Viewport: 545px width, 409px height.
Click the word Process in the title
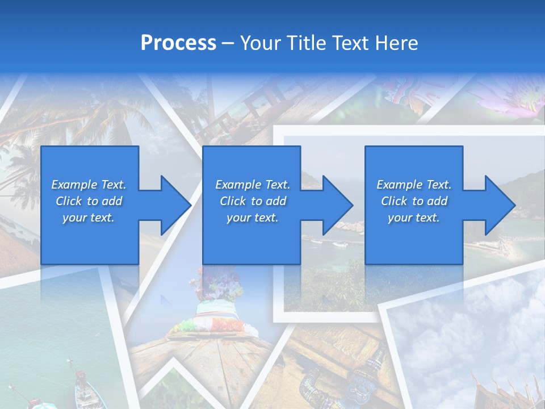pos(178,43)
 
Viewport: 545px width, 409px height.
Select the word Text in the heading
pos(350,43)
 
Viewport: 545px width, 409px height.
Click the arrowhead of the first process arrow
pos(175,205)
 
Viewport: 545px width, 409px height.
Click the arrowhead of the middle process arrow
pos(337,205)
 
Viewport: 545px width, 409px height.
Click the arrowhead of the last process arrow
pos(500,205)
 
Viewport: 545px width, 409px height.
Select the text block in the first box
pos(89,201)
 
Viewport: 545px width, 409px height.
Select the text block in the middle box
pos(253,201)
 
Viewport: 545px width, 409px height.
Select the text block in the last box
pos(414,201)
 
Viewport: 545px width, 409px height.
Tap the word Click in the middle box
pos(233,201)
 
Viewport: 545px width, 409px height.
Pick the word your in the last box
pos(400,218)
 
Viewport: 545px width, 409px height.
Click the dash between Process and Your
pos(228,43)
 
